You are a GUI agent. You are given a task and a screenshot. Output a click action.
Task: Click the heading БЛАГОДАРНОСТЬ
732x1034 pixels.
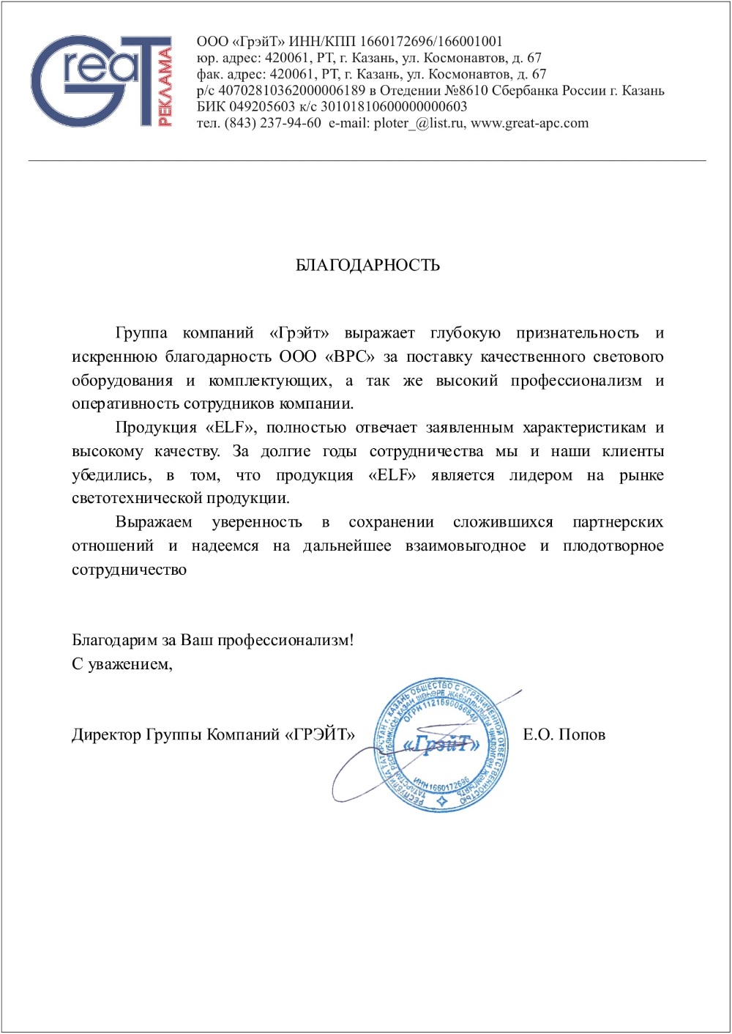(x=367, y=265)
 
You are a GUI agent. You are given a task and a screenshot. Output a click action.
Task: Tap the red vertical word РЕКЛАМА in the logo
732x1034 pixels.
(x=165, y=86)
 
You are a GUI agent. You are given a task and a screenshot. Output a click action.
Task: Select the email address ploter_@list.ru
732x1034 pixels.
(x=418, y=123)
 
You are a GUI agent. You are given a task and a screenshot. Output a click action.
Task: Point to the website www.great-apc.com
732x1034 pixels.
(x=529, y=123)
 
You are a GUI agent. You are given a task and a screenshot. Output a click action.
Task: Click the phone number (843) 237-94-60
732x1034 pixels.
(x=273, y=123)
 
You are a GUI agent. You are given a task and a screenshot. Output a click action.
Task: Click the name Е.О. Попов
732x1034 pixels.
(x=564, y=734)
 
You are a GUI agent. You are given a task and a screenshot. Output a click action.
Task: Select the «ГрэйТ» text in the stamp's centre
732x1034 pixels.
(x=442, y=745)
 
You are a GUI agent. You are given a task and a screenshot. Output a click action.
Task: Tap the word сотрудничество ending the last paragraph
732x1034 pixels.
(x=129, y=570)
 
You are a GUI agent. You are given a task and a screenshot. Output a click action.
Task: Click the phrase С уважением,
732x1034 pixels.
(x=122, y=664)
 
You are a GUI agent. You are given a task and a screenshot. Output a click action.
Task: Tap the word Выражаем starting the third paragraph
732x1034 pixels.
(x=154, y=522)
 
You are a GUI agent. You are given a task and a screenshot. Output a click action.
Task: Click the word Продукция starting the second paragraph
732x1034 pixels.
(x=156, y=428)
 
